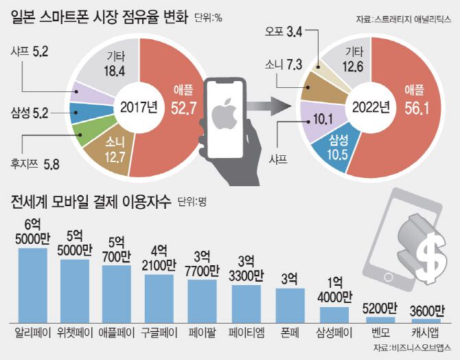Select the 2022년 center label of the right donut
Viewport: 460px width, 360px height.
click(x=371, y=108)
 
